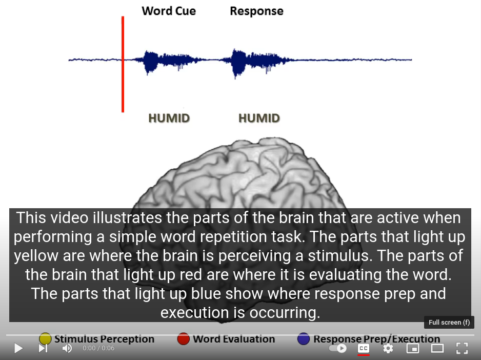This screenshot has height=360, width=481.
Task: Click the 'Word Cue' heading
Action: (x=169, y=11)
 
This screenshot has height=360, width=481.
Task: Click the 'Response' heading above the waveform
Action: (x=257, y=11)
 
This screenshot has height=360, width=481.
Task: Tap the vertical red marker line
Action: (x=123, y=64)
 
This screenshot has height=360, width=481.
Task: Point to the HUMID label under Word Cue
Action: (x=169, y=118)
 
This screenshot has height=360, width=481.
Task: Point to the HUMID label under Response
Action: (x=259, y=118)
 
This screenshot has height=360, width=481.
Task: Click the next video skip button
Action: (x=43, y=348)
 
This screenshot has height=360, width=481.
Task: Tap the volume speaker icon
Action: (x=67, y=348)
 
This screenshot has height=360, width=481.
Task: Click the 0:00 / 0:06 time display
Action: (x=98, y=348)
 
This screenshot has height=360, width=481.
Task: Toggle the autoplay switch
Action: (x=337, y=348)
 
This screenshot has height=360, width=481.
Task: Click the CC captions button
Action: (x=364, y=348)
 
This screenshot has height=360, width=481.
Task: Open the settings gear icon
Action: (x=388, y=348)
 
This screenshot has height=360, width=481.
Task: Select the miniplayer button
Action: (x=413, y=348)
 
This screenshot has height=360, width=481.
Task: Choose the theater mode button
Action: (x=437, y=348)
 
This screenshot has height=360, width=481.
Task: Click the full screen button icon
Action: (x=462, y=348)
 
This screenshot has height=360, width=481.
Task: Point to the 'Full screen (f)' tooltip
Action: (x=449, y=322)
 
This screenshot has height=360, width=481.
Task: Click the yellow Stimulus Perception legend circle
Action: (x=45, y=339)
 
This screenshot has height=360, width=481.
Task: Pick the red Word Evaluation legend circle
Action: (x=184, y=339)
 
